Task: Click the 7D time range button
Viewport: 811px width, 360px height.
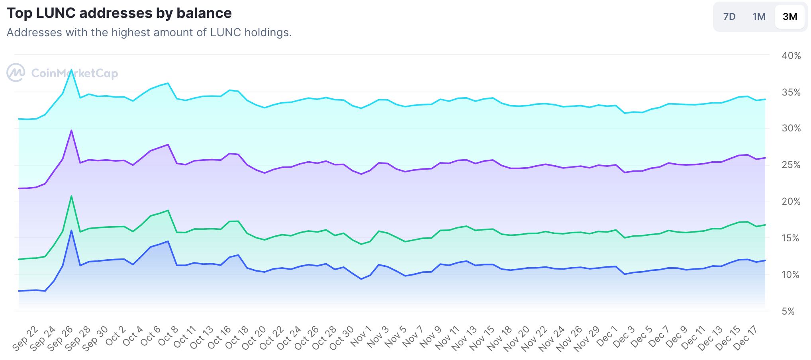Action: (x=729, y=17)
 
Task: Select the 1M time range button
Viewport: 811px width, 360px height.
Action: (x=759, y=17)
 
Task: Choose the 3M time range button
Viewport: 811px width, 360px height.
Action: (x=789, y=17)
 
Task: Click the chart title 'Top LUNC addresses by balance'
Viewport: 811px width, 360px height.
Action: (x=119, y=13)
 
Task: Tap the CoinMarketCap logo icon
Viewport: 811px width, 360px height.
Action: (x=16, y=73)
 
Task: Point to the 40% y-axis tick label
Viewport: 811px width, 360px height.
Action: (x=791, y=56)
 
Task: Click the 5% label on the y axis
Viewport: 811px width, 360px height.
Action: (x=788, y=311)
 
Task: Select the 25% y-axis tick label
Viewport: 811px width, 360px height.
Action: (x=791, y=165)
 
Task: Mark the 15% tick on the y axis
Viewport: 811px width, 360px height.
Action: (x=791, y=238)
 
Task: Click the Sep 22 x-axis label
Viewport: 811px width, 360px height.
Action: (x=25, y=338)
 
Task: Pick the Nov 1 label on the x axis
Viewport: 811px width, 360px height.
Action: (x=361, y=337)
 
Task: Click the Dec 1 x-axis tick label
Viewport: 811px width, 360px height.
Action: (x=606, y=337)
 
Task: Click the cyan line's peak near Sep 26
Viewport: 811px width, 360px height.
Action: (x=71, y=70)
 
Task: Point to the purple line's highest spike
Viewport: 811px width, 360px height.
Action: (x=71, y=130)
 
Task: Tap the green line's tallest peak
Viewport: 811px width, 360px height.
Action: (x=71, y=196)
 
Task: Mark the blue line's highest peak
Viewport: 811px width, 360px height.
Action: (x=71, y=231)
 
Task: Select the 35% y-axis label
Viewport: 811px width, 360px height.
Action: (x=791, y=92)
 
